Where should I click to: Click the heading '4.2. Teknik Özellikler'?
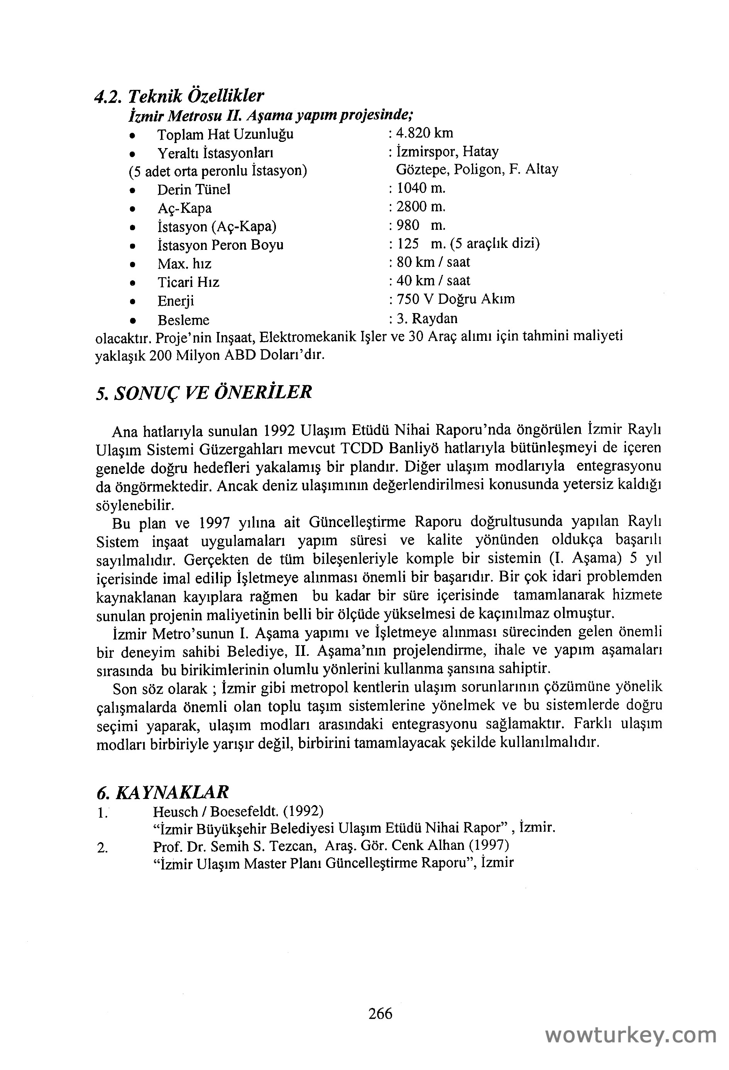[179, 96]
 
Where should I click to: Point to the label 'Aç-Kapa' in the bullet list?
[184, 209]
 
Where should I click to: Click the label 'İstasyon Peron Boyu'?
[220, 245]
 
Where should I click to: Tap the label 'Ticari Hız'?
[188, 282]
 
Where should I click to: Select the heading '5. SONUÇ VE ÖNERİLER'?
[204, 392]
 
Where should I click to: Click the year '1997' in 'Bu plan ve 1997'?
[214, 522]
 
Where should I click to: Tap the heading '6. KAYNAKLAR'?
[163, 792]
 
